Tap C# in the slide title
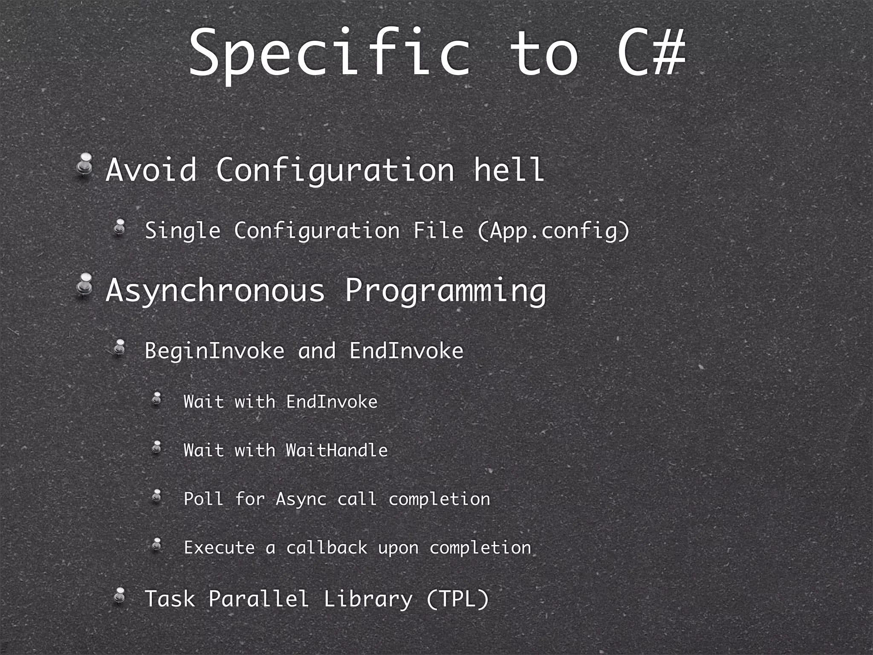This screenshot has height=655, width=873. (x=651, y=53)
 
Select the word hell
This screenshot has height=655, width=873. (x=509, y=170)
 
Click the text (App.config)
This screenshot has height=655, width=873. (x=553, y=231)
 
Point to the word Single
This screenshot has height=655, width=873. (x=182, y=231)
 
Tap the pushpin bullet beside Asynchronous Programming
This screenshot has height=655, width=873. (x=85, y=285)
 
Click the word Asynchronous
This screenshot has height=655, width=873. (x=215, y=291)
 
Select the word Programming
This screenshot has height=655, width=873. (x=445, y=291)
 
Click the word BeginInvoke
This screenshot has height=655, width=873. (x=214, y=351)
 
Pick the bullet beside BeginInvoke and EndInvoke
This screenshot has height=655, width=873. (x=120, y=347)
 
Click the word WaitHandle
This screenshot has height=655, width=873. (x=337, y=450)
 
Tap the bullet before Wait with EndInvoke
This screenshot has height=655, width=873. (x=157, y=398)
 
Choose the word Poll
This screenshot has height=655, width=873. (x=203, y=498)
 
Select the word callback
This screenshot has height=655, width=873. (x=327, y=548)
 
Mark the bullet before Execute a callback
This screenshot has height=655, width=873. (x=157, y=544)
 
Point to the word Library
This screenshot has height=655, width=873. (x=368, y=599)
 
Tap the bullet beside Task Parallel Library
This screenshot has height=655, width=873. (x=120, y=595)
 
